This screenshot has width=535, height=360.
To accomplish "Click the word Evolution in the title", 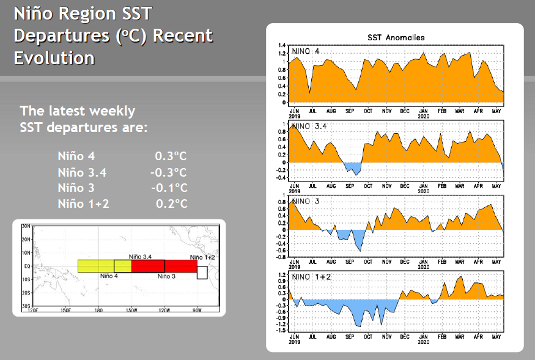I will click(54, 58).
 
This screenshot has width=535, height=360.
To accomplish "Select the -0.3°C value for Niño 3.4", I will click(168, 172).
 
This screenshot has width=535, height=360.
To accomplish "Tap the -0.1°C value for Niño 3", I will click(168, 188).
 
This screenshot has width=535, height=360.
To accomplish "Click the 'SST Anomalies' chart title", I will click(396, 38).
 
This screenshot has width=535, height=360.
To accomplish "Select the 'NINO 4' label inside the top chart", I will click(306, 51).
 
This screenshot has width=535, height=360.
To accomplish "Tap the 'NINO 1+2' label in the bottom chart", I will click(311, 277).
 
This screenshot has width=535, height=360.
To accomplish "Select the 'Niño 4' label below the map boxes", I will click(109, 276).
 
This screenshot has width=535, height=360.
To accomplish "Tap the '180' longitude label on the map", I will click(98, 310).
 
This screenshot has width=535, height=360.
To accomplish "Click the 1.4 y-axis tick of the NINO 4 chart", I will click(282, 45).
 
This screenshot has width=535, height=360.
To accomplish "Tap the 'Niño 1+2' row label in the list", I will click(83, 204).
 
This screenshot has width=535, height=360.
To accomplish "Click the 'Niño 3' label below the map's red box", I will click(166, 276).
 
